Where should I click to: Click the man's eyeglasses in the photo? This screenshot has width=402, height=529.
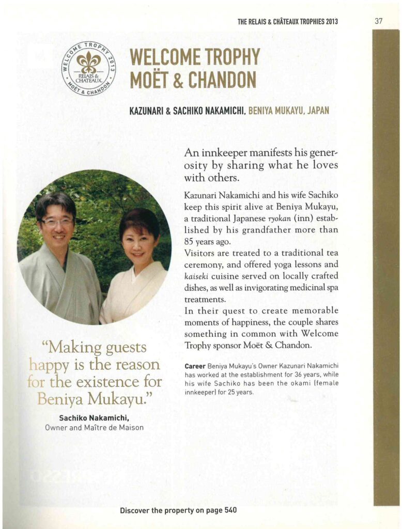point(57,222)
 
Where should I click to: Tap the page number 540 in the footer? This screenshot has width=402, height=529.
point(230,510)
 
